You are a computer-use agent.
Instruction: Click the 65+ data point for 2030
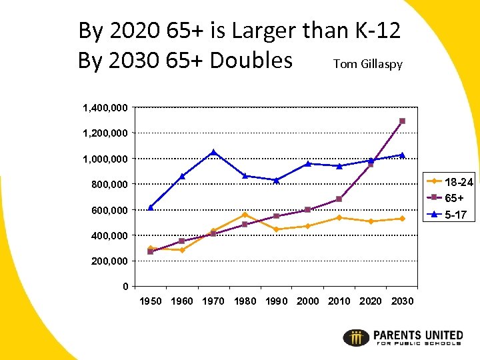point(402,121)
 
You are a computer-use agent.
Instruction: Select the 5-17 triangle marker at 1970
point(213,152)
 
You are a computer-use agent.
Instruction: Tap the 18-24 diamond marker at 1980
point(245,215)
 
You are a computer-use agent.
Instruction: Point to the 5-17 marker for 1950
point(151,207)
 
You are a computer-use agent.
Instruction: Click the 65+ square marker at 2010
point(339,199)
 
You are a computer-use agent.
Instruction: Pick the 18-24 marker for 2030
point(402,219)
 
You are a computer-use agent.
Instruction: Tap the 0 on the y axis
point(125,287)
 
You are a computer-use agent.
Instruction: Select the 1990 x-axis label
point(276,301)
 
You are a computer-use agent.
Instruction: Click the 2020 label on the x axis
point(371,301)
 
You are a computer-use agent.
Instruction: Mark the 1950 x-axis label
point(151,301)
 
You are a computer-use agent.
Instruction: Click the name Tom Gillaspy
point(367,64)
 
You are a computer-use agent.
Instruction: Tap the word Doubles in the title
point(251,61)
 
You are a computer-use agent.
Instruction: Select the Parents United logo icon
point(356,337)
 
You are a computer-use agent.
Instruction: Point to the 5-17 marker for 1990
point(276,180)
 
